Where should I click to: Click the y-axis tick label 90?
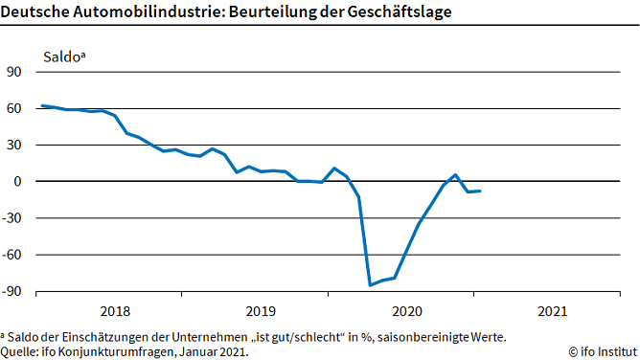15,72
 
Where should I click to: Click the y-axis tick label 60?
15,109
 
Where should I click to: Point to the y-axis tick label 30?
15,146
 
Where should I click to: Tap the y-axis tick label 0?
19,182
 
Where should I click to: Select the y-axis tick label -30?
13,218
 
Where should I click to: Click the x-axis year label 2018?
114,311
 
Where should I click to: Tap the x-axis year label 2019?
261,311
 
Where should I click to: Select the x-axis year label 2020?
407,311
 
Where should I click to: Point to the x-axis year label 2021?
553,311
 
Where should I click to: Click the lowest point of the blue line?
370,285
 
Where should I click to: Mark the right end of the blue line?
480,191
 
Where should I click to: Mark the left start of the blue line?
41,105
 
